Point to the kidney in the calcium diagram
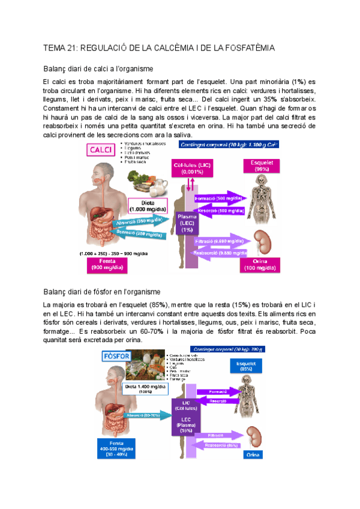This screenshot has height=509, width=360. point(262,242)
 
